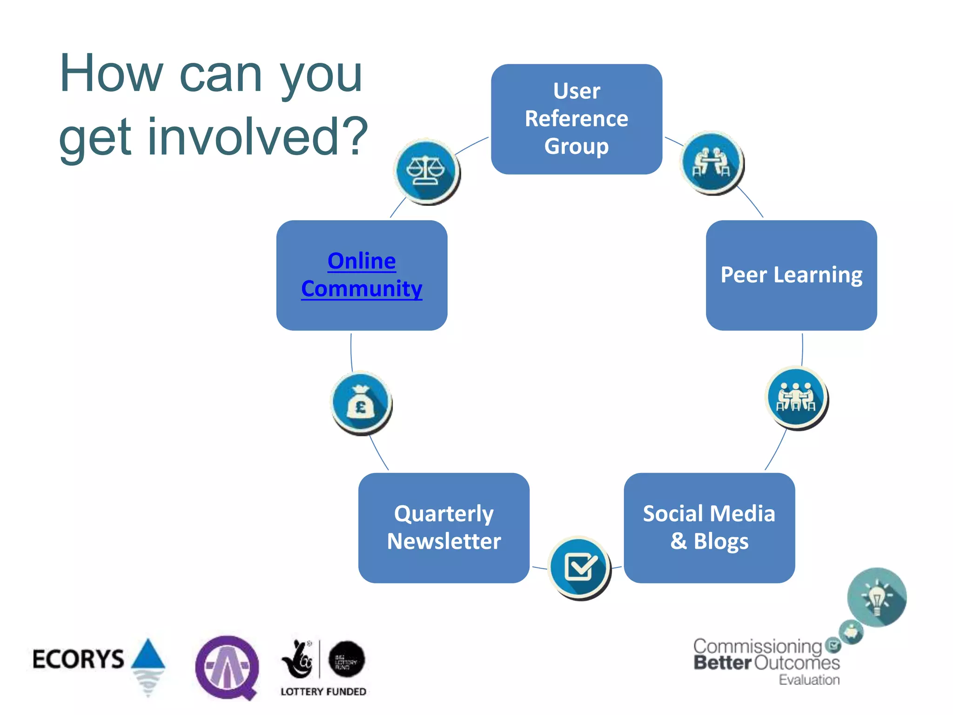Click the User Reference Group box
(x=576, y=119)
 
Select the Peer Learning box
(x=791, y=275)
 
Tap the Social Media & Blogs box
(x=709, y=527)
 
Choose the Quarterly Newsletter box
(x=443, y=527)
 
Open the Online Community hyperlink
(x=362, y=275)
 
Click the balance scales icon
(x=426, y=170)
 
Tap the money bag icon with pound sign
(x=361, y=403)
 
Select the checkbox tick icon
(x=579, y=567)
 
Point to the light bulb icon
(x=876, y=597)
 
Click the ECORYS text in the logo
(x=78, y=659)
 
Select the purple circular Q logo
(x=227, y=667)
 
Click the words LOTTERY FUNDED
(x=323, y=692)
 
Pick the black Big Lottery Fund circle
(x=346, y=659)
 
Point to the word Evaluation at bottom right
(x=809, y=680)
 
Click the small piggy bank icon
(x=851, y=632)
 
